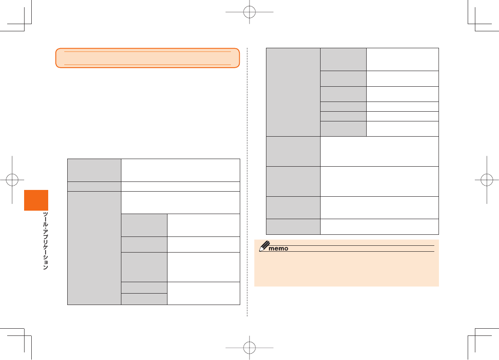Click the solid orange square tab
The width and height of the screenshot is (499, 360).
(x=36, y=200)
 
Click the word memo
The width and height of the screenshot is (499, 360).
(x=279, y=248)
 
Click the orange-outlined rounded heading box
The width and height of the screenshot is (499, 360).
(x=148, y=58)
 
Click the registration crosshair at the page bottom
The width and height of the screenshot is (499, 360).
(x=250, y=348)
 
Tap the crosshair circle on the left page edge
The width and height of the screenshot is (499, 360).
(x=12, y=179)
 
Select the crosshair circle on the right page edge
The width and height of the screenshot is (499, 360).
(x=487, y=179)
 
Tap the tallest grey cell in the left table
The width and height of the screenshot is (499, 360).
(x=94, y=248)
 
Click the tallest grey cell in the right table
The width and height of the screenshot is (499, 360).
(x=293, y=92)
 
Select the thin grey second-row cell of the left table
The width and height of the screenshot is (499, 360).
(x=94, y=185)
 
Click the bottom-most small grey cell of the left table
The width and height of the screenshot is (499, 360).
(x=144, y=299)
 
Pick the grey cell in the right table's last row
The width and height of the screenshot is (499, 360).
(x=293, y=226)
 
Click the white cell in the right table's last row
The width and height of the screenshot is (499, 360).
(x=379, y=226)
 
